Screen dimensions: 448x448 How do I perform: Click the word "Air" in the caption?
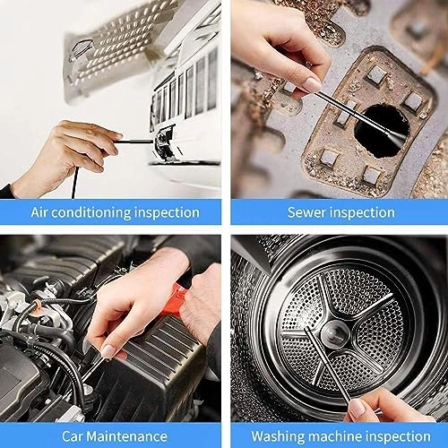click(x=43, y=212)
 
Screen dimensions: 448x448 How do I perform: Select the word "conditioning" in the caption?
click(x=97, y=212)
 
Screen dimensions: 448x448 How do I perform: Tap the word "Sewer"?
click(x=307, y=212)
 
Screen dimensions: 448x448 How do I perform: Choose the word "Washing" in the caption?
click(x=279, y=436)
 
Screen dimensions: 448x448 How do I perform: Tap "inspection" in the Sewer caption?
click(x=362, y=212)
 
